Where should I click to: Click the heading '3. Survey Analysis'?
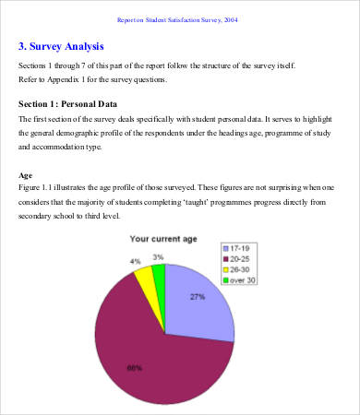tap(61, 45)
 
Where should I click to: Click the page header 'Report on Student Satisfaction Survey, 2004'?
tap(179, 18)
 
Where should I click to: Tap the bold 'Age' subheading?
tap(27, 175)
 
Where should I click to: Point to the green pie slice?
tap(158, 273)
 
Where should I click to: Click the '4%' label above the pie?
tap(135, 261)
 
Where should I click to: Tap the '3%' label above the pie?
tap(159, 257)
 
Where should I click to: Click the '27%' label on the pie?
tap(197, 298)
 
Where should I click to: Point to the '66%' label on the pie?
tap(134, 368)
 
